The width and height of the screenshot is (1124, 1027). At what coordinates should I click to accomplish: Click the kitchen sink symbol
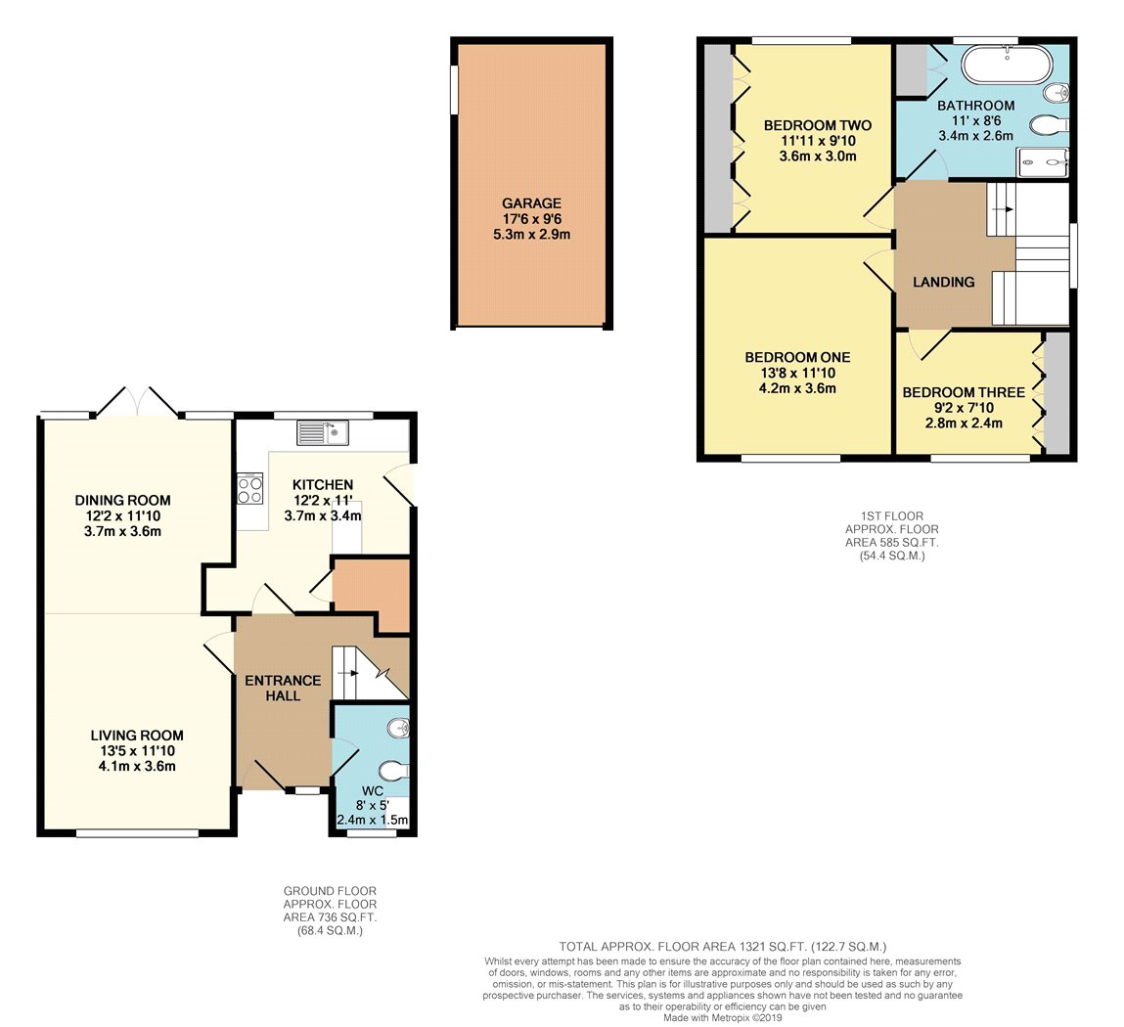point(323,432)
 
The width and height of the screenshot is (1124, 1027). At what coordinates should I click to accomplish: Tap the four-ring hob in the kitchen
point(250,489)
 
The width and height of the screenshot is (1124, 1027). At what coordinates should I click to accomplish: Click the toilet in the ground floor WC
point(394,771)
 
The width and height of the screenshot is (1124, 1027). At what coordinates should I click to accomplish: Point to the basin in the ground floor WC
point(398,729)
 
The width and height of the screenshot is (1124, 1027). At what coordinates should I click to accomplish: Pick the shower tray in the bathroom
point(1042,162)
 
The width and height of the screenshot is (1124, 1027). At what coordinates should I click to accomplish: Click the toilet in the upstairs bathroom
point(1050,125)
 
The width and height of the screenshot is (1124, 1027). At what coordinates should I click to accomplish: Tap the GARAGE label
point(531,203)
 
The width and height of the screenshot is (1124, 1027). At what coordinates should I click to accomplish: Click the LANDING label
point(943,283)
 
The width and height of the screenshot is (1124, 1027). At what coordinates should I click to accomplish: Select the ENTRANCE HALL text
point(283,688)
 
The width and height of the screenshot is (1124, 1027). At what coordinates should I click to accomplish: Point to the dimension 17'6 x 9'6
point(531,219)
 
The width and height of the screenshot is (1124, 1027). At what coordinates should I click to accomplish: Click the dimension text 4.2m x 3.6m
point(798,388)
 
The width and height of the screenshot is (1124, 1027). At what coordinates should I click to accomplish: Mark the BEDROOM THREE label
point(964,393)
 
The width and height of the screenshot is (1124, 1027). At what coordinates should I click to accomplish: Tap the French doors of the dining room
point(137,402)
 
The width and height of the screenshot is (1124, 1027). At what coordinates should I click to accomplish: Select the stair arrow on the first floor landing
point(1002,209)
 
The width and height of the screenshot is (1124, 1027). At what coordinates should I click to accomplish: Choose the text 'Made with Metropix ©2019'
point(723,1017)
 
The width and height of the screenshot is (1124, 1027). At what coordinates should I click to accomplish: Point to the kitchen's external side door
point(401,484)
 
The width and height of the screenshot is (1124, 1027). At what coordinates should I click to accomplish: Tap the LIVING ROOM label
point(137,736)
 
